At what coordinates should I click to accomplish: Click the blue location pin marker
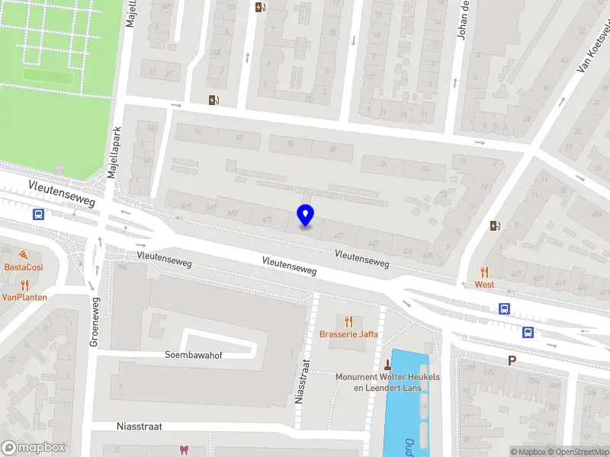pyautogui.click(x=305, y=216)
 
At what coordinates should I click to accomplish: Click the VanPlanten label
pyautogui.click(x=24, y=297)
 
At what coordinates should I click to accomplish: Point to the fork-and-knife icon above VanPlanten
pyautogui.click(x=24, y=285)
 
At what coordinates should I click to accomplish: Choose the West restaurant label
pyautogui.click(x=484, y=284)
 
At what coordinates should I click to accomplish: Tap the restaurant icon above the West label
pyautogui.click(x=484, y=272)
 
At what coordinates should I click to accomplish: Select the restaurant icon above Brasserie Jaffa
pyautogui.click(x=349, y=322)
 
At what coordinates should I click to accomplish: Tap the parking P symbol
pyautogui.click(x=512, y=361)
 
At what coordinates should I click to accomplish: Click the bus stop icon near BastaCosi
pyautogui.click(x=38, y=215)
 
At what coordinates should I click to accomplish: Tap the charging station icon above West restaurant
pyautogui.click(x=496, y=225)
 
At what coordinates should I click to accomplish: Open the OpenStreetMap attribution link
pyautogui.click(x=579, y=452)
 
